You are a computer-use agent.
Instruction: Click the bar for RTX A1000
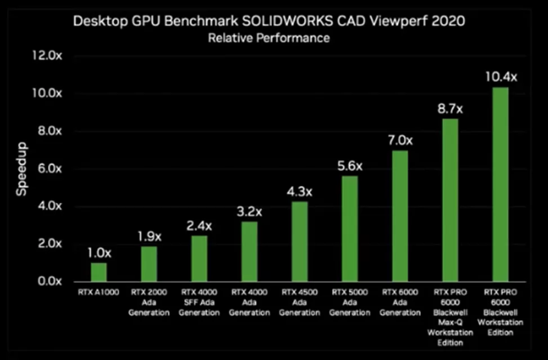99,272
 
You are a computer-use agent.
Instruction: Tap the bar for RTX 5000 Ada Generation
350,229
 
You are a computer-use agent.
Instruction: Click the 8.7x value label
450,108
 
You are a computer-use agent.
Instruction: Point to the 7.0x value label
400,140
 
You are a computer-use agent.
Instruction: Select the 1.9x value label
149,235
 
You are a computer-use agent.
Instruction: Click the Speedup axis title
21,168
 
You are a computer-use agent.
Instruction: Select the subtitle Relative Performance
269,38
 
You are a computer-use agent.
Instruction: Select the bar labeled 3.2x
250,251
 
